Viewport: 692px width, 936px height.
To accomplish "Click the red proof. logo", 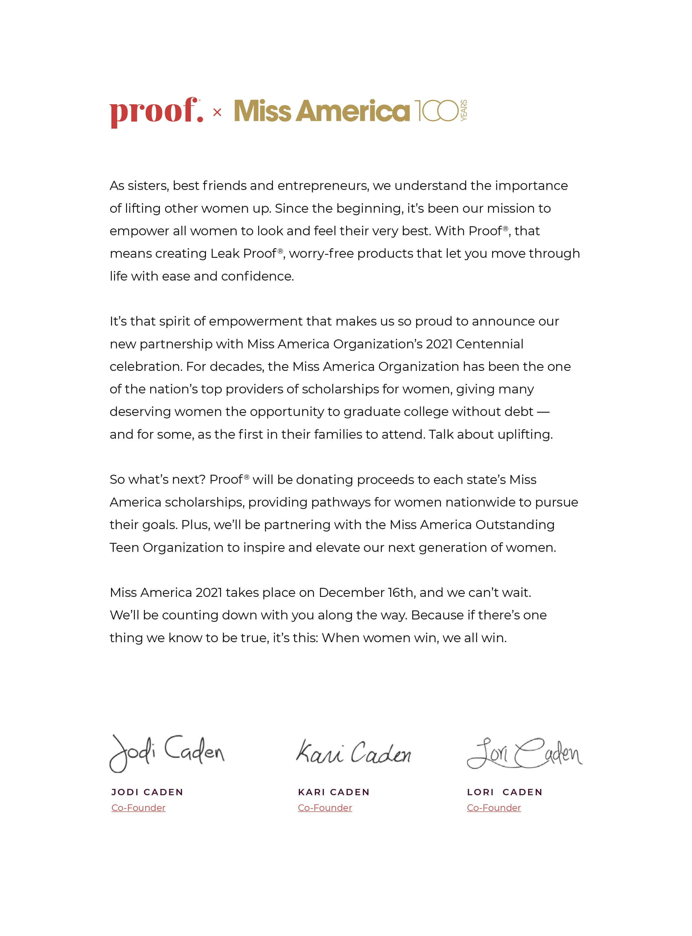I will pyautogui.click(x=156, y=112).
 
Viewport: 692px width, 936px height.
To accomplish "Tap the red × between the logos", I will pyautogui.click(x=217, y=112).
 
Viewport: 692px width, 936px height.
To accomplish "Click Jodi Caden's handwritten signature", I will pyautogui.click(x=167, y=753).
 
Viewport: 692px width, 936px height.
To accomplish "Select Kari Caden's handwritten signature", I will pyautogui.click(x=354, y=753).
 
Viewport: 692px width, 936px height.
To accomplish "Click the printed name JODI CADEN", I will pyautogui.click(x=147, y=792).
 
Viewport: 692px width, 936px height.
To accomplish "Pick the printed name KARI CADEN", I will pyautogui.click(x=334, y=792).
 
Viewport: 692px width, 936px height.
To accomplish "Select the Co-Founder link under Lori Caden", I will pyautogui.click(x=494, y=808).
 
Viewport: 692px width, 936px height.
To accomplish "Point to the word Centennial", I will pyautogui.click(x=489, y=344).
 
